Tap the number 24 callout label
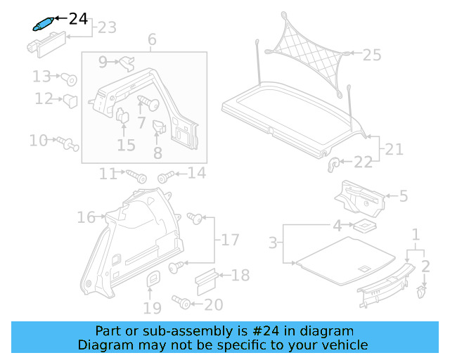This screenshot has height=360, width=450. click(x=78, y=18)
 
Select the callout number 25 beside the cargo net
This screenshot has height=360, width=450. click(x=371, y=53)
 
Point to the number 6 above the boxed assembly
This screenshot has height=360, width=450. click(x=152, y=40)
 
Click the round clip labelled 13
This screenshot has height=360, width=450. click(x=70, y=77)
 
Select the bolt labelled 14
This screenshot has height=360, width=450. click(x=166, y=176)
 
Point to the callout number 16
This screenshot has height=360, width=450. click(x=86, y=218)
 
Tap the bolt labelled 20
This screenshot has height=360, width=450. click(x=182, y=302)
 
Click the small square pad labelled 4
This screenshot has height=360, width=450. click(x=364, y=226)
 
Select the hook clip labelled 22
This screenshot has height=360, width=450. click(x=335, y=164)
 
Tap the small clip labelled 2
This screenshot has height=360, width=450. click(x=421, y=291)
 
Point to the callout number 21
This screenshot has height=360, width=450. click(x=394, y=149)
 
